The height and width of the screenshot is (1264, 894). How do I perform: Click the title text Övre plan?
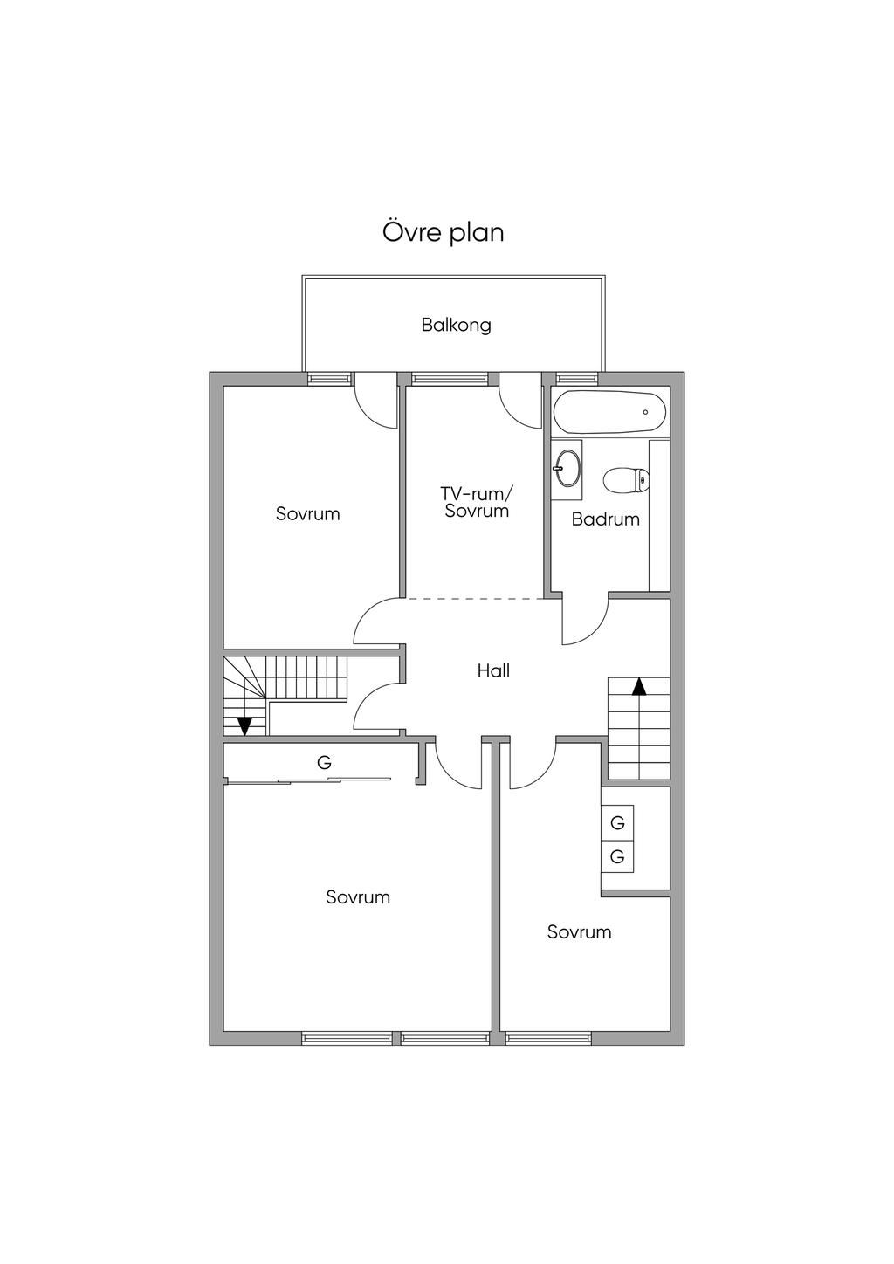click(443, 233)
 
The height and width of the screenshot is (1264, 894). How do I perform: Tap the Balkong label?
click(456, 325)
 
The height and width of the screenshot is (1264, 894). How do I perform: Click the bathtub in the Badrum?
click(609, 411)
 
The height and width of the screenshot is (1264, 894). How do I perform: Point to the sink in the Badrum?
click(567, 469)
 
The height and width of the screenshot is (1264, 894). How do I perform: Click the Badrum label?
click(605, 519)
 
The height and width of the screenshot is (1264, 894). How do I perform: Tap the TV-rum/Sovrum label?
click(476, 503)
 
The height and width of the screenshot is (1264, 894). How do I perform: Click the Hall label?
click(493, 670)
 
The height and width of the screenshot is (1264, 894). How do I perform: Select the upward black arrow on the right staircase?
click(639, 685)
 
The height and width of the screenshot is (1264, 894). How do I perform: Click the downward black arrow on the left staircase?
click(244, 725)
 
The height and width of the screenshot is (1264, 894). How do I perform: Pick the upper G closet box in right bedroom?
click(617, 822)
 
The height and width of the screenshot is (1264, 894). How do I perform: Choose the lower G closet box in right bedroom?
click(617, 856)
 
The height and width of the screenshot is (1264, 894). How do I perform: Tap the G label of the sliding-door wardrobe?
click(324, 763)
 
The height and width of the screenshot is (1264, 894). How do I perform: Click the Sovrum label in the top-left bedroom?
click(307, 514)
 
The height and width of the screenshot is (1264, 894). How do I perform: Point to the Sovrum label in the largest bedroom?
click(358, 897)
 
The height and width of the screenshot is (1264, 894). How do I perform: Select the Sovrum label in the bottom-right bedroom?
click(579, 932)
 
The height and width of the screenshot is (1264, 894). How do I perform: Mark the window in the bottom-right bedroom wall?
click(549, 1038)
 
